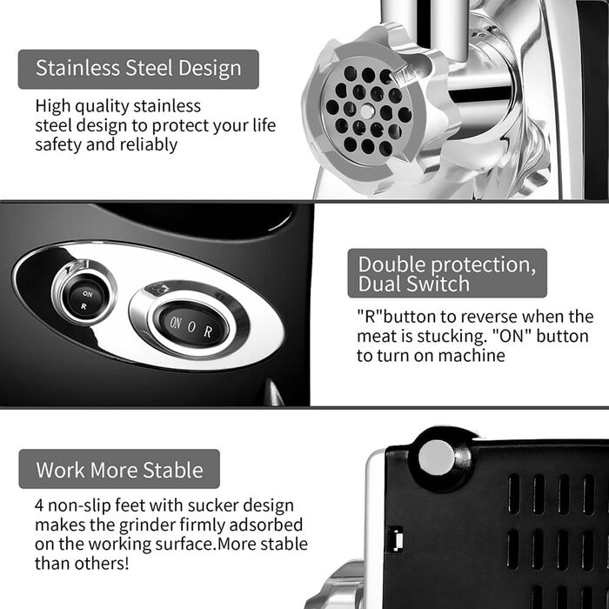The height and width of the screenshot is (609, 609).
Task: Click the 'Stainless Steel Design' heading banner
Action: tap(138, 69)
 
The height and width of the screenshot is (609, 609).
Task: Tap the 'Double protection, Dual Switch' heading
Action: tap(447, 273)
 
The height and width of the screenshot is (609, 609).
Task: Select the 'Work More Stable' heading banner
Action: tap(119, 469)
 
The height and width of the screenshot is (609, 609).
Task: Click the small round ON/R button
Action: tap(85, 299)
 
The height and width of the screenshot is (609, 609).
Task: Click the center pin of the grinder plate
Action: tap(367, 111)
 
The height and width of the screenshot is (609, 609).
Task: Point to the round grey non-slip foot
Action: tap(437, 458)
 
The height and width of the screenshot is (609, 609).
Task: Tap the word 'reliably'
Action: tap(149, 145)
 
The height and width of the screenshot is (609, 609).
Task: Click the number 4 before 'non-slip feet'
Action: tap(39, 505)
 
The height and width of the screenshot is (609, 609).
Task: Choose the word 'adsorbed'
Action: tap(265, 525)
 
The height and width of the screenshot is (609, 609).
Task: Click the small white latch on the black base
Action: tap(397, 539)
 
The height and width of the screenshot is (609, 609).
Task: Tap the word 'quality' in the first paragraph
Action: tap(102, 106)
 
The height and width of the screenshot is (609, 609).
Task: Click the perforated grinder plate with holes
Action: tap(367, 110)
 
